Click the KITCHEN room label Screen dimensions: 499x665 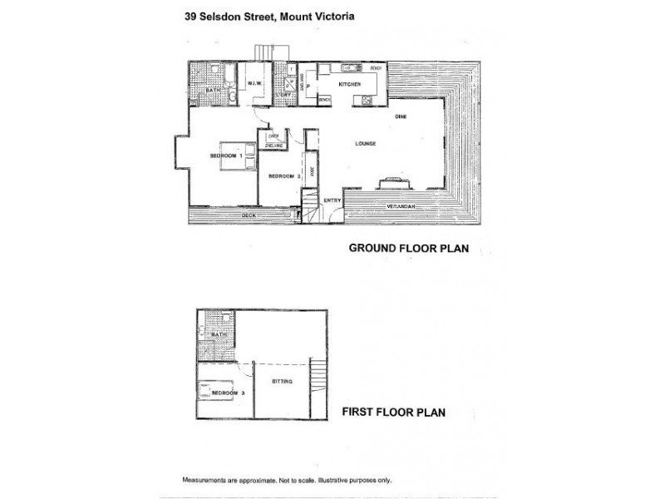[x=347, y=85]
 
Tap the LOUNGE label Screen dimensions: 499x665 [x=366, y=143]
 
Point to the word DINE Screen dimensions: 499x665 [x=400, y=116]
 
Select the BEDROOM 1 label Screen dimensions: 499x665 [x=225, y=156]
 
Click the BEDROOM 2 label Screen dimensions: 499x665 [x=283, y=176]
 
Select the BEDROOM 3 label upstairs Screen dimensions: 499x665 [x=227, y=392]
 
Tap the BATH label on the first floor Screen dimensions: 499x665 [x=219, y=333]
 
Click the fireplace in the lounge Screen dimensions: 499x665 [x=389, y=184]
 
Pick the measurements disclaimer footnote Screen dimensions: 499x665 [x=287, y=481]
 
